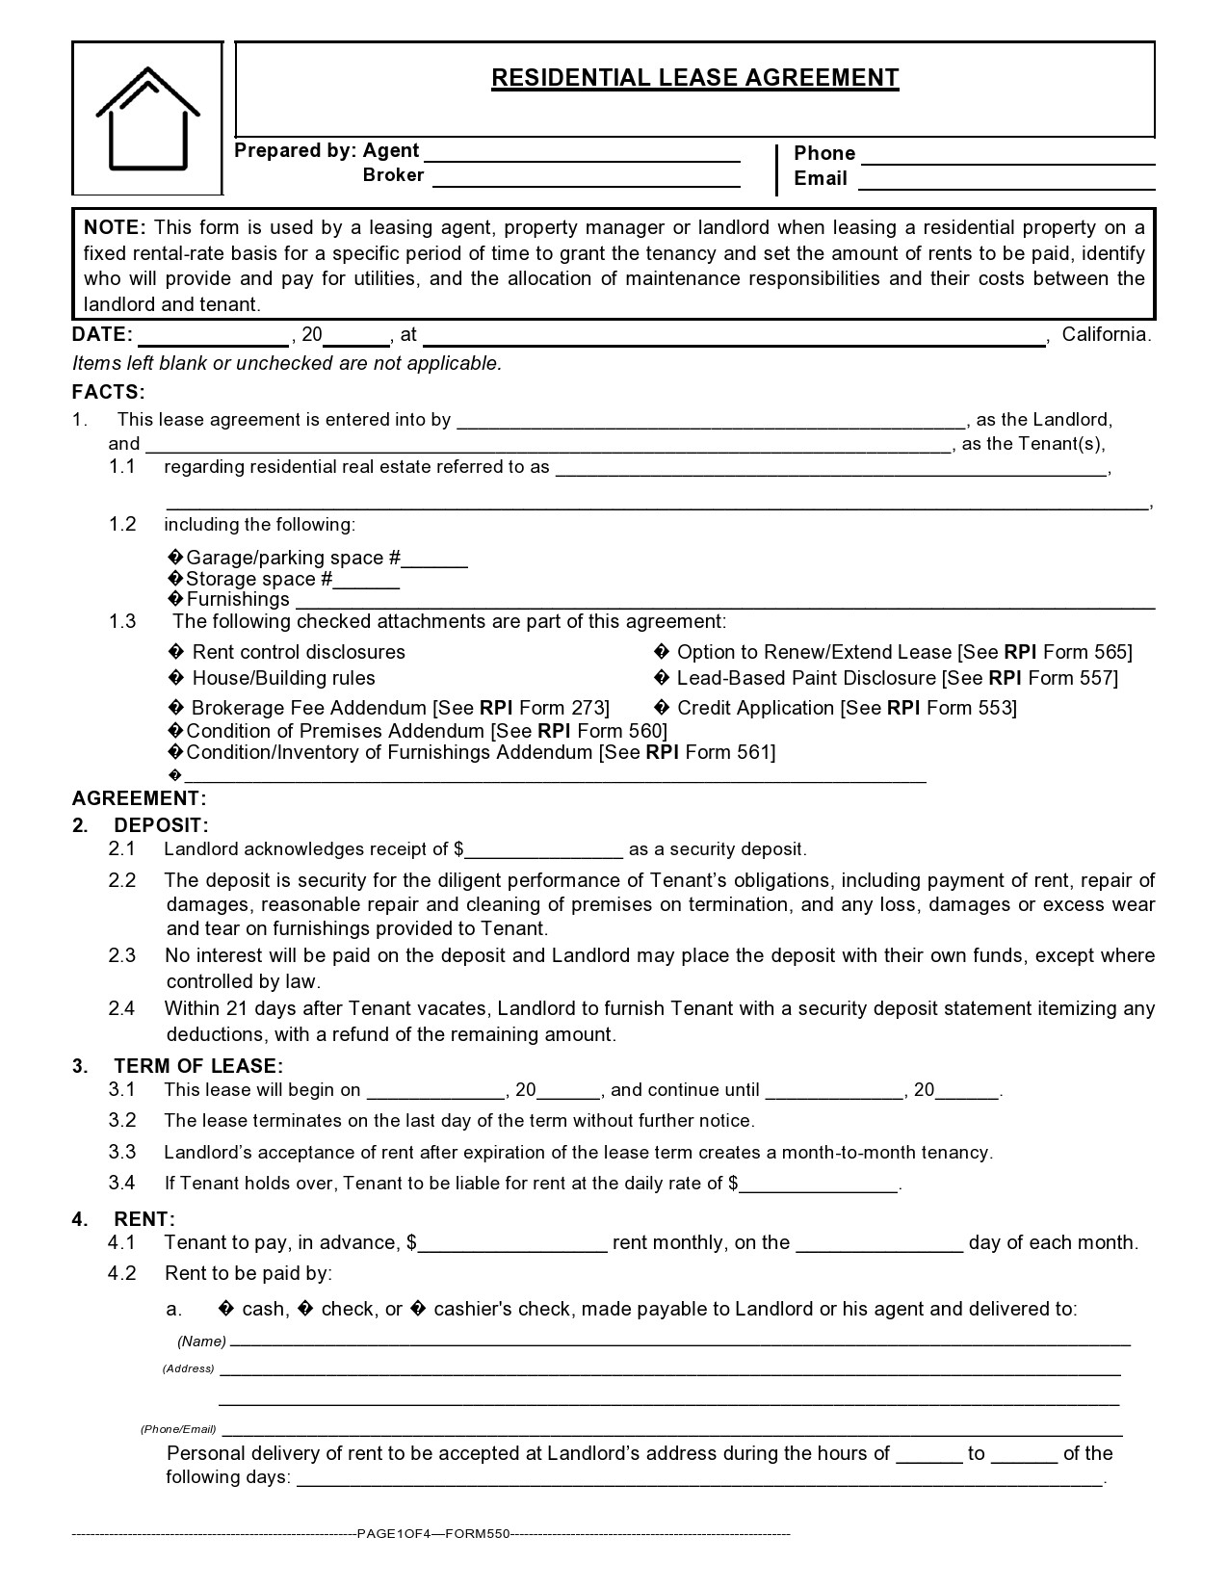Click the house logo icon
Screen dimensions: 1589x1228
[147, 118]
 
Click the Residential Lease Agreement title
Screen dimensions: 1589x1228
[694, 78]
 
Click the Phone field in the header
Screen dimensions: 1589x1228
[1007, 155]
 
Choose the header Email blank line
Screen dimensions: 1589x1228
[1006, 180]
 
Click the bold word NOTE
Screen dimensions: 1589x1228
[114, 228]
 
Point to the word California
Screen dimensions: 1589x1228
[1106, 335]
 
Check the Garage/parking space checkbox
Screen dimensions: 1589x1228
[175, 559]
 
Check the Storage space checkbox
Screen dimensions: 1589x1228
[175, 579]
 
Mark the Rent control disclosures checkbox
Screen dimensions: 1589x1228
[175, 653]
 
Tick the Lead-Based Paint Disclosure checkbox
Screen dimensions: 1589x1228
[661, 679]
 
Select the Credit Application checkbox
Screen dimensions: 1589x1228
[661, 709]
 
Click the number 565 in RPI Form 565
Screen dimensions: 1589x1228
[1110, 653]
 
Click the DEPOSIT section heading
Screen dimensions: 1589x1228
[161, 825]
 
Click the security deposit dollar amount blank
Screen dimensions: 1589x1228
[544, 850]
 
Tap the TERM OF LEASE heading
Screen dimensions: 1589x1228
[198, 1066]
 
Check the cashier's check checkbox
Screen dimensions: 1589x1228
[419, 1310]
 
